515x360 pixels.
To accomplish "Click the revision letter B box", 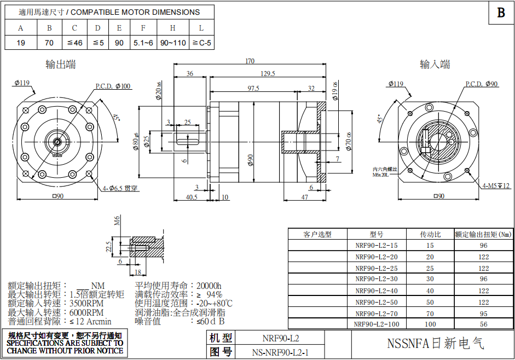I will (501, 13).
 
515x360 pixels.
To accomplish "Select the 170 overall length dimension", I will (250, 61).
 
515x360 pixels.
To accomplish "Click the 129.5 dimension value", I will (268, 73).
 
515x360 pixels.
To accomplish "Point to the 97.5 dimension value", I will (253, 88).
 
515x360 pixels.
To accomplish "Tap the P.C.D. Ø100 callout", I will (113, 86).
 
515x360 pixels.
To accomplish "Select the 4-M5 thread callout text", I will (496, 186).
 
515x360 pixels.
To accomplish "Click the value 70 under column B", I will (49, 43).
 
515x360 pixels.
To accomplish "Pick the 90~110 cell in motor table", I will (173, 43).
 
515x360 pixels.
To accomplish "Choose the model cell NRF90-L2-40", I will (377, 291).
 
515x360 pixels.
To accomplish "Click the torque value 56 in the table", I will (484, 324).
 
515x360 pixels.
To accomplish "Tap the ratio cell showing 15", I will (430, 246).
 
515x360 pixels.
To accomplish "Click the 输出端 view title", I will (61, 65).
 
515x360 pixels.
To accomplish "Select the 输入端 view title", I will (435, 65).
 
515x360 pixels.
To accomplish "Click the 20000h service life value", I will (209, 286).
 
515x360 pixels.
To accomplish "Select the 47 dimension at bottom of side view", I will (304, 197).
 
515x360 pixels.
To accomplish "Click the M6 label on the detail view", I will (117, 220).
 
